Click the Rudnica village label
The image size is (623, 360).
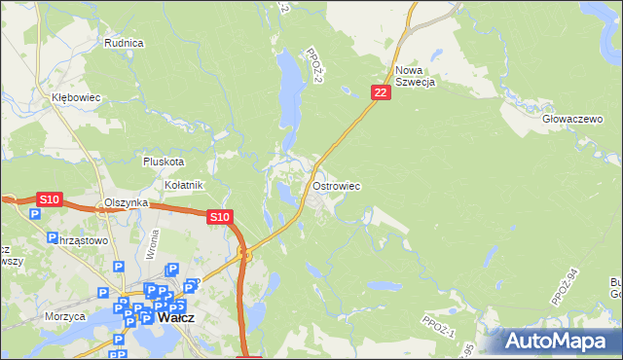click(x=124, y=43)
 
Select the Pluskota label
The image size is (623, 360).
click(x=163, y=162)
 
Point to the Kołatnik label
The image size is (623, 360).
click(x=183, y=185)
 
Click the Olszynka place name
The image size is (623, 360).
click(x=126, y=202)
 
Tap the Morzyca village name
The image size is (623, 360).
click(x=64, y=316)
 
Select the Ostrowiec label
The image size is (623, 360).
click(x=338, y=185)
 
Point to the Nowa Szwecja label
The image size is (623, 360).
click(x=415, y=76)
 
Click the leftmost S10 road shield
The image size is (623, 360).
click(x=50, y=199)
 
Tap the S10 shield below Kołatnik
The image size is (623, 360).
click(x=220, y=217)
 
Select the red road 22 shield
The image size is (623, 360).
click(x=381, y=91)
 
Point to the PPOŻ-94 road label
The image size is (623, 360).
click(x=565, y=288)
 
